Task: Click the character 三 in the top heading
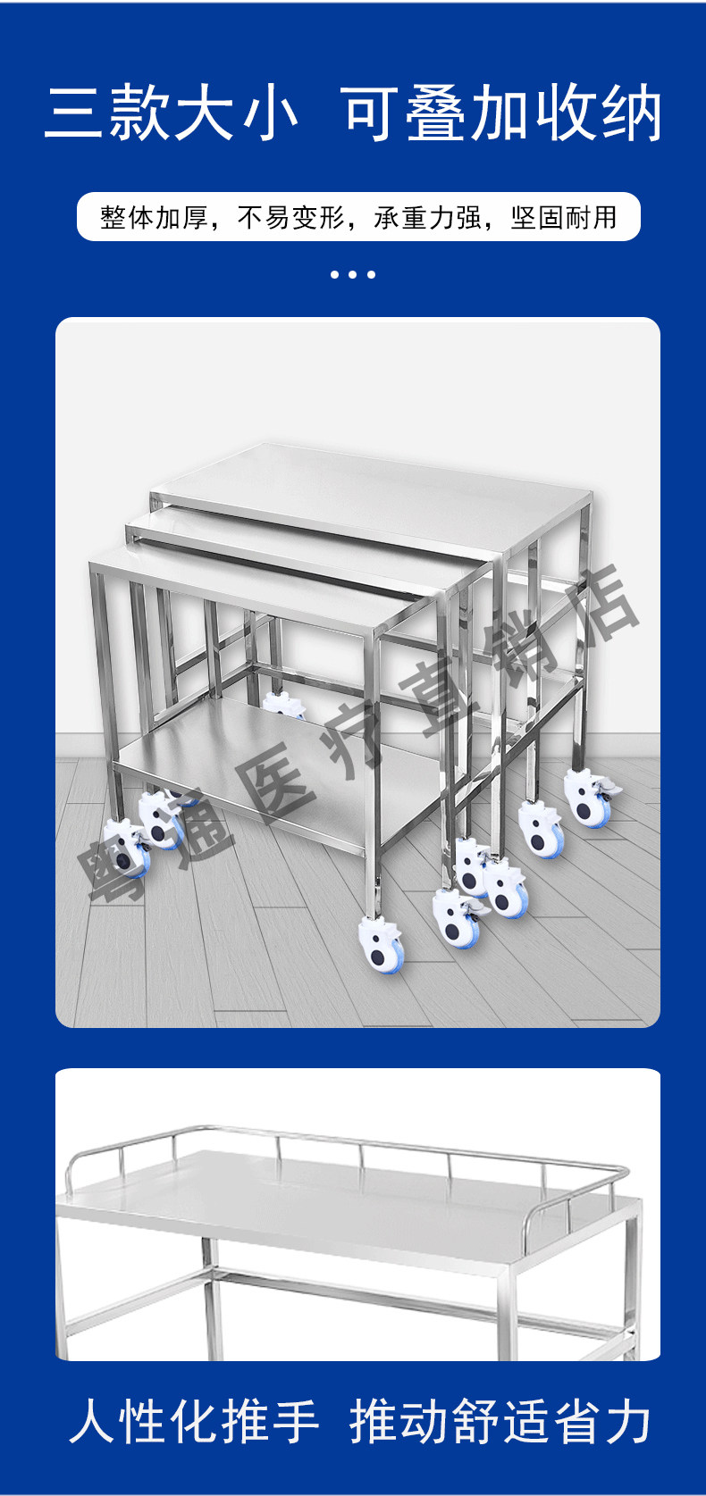click(x=73, y=113)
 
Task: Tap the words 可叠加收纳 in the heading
click(x=503, y=113)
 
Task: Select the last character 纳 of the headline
click(x=632, y=113)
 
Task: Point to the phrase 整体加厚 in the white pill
click(x=155, y=218)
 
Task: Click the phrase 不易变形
click(x=290, y=218)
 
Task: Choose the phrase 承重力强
click(x=428, y=218)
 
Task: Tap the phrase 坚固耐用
click(x=564, y=218)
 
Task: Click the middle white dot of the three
click(x=353, y=274)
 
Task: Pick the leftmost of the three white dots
click(x=335, y=274)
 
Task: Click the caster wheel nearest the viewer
click(x=382, y=945)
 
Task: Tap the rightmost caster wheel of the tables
click(x=589, y=798)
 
